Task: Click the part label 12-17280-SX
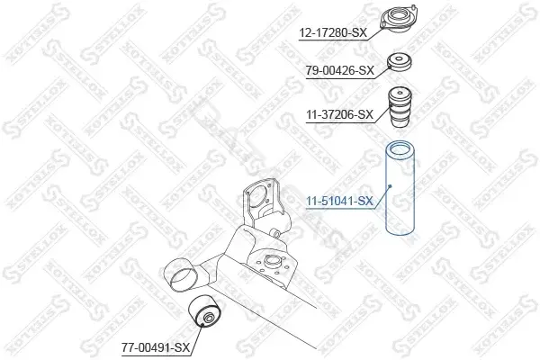click(333, 33)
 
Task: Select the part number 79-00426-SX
click(340, 70)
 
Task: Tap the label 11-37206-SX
click(340, 114)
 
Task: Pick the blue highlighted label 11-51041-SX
click(340, 201)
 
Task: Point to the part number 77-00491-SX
click(156, 347)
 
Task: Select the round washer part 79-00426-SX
click(400, 62)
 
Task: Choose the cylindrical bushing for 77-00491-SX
click(205, 311)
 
